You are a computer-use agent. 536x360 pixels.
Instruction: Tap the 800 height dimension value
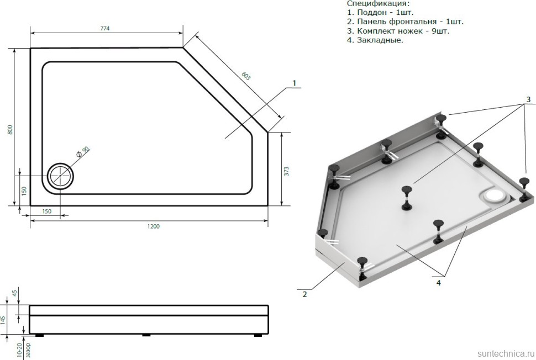point(9,129)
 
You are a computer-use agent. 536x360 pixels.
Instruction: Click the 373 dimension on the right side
point(287,171)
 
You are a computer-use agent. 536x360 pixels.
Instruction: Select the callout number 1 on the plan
point(295,83)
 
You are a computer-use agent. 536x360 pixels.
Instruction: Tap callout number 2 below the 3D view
point(304,294)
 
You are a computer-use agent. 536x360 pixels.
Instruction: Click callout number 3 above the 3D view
point(528,99)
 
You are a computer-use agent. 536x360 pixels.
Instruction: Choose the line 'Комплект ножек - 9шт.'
point(398,31)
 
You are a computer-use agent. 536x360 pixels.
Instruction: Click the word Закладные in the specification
point(380,40)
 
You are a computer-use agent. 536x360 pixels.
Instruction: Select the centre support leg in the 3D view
point(407,197)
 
